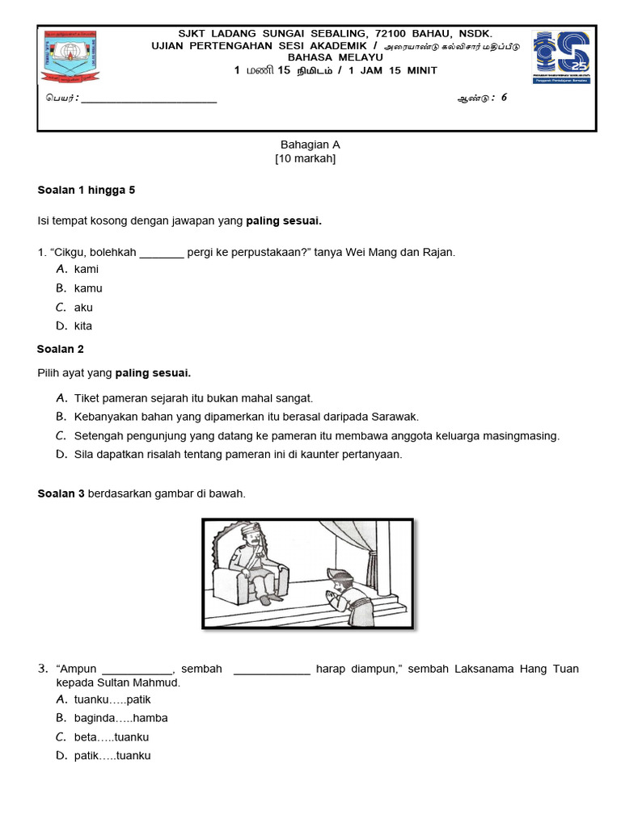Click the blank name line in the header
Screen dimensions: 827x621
point(149,99)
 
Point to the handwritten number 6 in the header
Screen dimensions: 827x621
point(504,98)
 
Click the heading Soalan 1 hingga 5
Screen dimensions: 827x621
point(87,191)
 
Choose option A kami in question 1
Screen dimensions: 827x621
point(86,270)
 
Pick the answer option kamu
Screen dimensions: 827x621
point(88,288)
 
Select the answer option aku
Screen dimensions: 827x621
point(83,308)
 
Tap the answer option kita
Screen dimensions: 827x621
point(83,326)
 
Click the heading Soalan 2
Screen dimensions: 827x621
point(61,350)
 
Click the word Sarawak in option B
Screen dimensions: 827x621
point(395,417)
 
